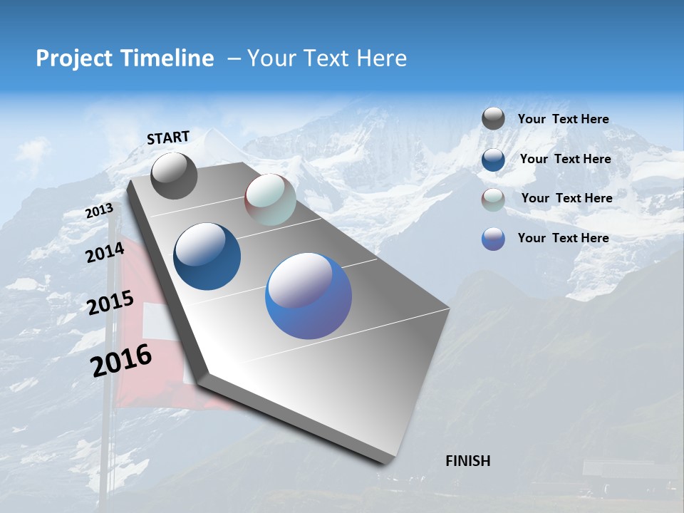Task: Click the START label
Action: click(x=168, y=137)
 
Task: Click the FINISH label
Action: click(x=467, y=461)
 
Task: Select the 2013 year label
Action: click(x=99, y=211)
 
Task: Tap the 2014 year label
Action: click(x=105, y=252)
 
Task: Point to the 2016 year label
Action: click(x=121, y=361)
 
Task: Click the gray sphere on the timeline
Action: click(x=174, y=175)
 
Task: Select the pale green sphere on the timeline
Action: click(x=270, y=199)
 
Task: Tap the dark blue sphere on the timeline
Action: click(x=207, y=256)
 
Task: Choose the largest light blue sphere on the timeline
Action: click(x=309, y=296)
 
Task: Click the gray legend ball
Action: click(x=493, y=119)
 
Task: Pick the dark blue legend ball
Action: click(x=493, y=160)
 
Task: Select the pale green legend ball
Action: click(x=493, y=199)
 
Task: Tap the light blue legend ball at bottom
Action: click(x=493, y=239)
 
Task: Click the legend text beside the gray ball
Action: click(x=563, y=119)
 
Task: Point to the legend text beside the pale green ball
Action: click(x=566, y=198)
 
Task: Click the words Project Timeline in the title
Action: click(x=125, y=58)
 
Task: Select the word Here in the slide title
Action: click(x=381, y=58)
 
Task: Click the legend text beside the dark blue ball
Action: click(x=565, y=159)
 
